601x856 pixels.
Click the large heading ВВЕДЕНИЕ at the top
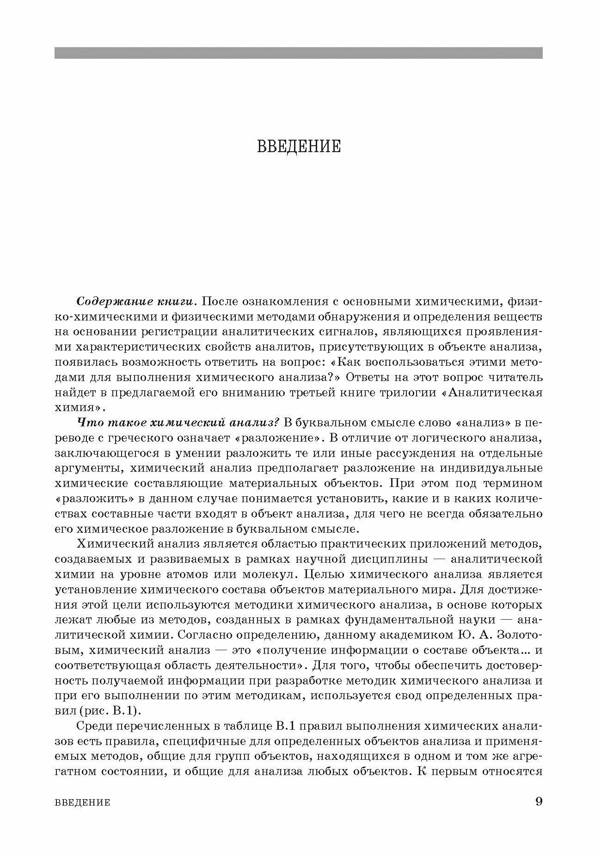click(299, 146)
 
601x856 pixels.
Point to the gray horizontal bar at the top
click(299, 53)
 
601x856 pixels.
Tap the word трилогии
click(410, 393)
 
